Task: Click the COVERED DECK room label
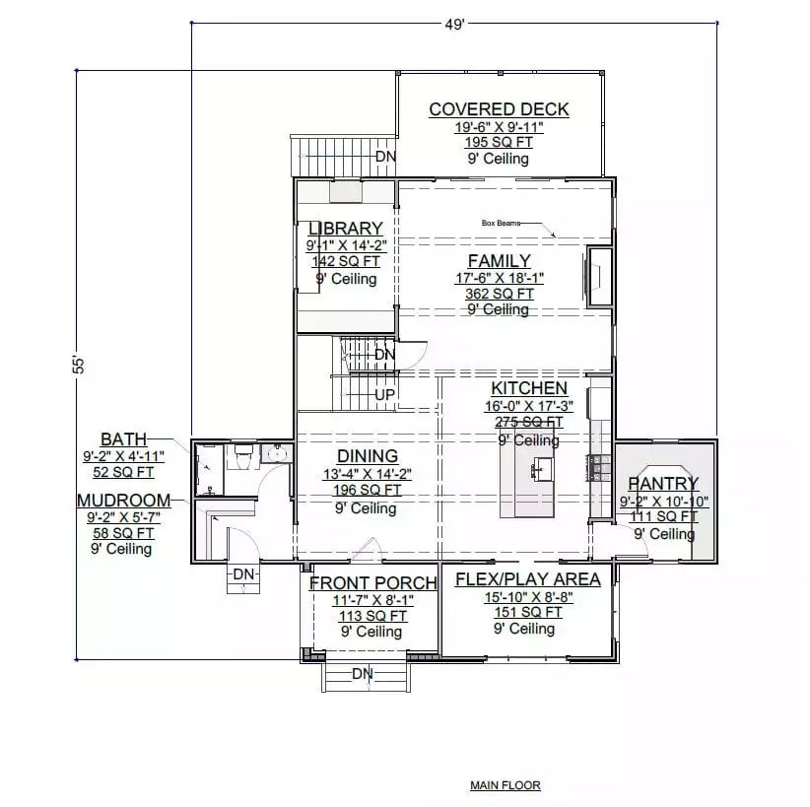(499, 109)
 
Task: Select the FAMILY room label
(499, 261)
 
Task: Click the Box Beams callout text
(501, 224)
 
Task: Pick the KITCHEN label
(529, 389)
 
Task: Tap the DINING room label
(368, 456)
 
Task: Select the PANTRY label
(663, 484)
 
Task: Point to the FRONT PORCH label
(373, 583)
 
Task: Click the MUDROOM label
(123, 501)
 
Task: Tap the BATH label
(123, 438)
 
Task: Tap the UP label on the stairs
(385, 394)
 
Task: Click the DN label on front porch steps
(363, 674)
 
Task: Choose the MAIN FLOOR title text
(505, 785)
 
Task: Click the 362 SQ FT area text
(499, 294)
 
